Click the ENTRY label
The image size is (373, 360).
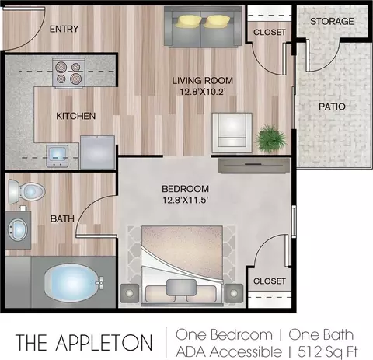click(x=64, y=29)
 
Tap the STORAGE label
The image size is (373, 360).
click(x=332, y=21)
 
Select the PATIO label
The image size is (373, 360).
click(x=332, y=107)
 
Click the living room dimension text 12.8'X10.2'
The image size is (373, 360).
click(x=202, y=92)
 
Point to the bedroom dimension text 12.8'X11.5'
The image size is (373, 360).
click(x=186, y=200)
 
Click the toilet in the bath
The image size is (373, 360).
click(x=26, y=192)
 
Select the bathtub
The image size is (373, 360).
click(x=73, y=283)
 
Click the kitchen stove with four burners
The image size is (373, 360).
click(x=69, y=72)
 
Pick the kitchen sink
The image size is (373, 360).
click(x=58, y=156)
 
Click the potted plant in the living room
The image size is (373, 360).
click(x=271, y=139)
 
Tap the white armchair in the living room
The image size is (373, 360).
click(x=232, y=133)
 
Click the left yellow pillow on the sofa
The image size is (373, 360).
click(x=188, y=21)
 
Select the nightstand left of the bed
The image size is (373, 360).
click(x=130, y=293)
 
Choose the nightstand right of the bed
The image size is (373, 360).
click(x=234, y=293)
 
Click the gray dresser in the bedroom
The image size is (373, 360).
click(x=254, y=166)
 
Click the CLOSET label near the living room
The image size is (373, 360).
click(x=270, y=32)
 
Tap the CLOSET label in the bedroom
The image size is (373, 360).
click(x=270, y=281)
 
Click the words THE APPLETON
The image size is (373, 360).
click(x=84, y=343)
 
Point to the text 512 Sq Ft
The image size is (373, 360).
click(x=327, y=351)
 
